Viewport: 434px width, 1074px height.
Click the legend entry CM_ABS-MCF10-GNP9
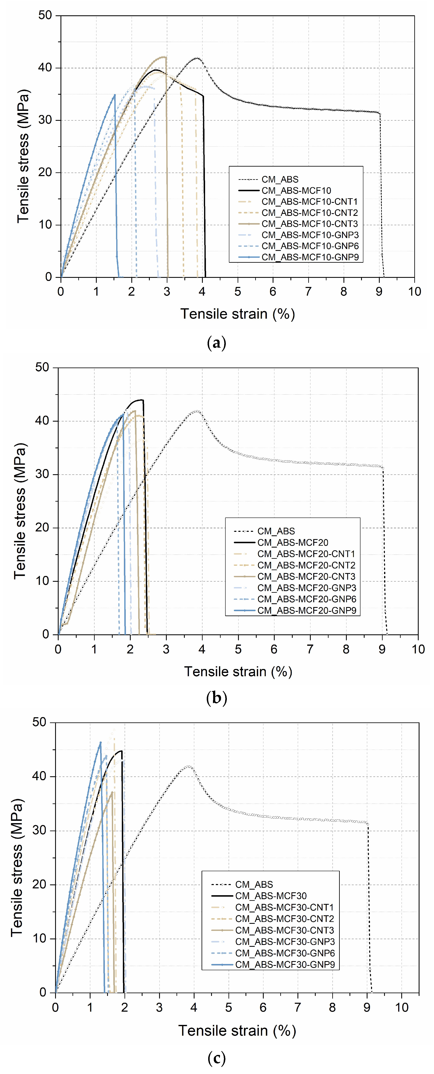click(310, 257)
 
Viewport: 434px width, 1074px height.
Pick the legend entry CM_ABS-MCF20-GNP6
click(306, 599)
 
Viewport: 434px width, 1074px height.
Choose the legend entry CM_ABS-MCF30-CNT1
click(284, 907)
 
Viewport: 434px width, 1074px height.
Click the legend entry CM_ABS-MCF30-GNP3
click(285, 941)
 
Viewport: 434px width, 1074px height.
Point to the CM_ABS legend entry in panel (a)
click(280, 179)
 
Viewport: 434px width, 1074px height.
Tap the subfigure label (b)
click(216, 698)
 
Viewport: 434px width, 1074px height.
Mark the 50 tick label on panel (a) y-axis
click(45, 15)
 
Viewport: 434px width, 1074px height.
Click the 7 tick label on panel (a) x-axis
click(308, 291)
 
